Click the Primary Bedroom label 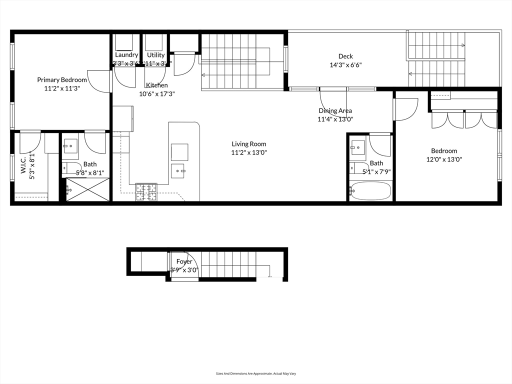pyautogui.click(x=62, y=79)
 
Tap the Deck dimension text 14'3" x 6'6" pyautogui.click(x=345, y=65)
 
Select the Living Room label pyautogui.click(x=248, y=144)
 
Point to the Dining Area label pyautogui.click(x=335, y=110)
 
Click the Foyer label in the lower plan pyautogui.click(x=184, y=261)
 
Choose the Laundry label pyautogui.click(x=126, y=54)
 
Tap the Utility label pyautogui.click(x=155, y=55)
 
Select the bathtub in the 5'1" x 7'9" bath pyautogui.click(x=370, y=191)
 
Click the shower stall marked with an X pyautogui.click(x=87, y=189)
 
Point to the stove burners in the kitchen pyautogui.click(x=146, y=192)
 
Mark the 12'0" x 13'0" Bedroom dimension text pyautogui.click(x=444, y=160)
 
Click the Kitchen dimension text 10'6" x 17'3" pyautogui.click(x=156, y=93)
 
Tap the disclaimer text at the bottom pyautogui.click(x=255, y=373)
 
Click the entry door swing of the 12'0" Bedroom pyautogui.click(x=405, y=109)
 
